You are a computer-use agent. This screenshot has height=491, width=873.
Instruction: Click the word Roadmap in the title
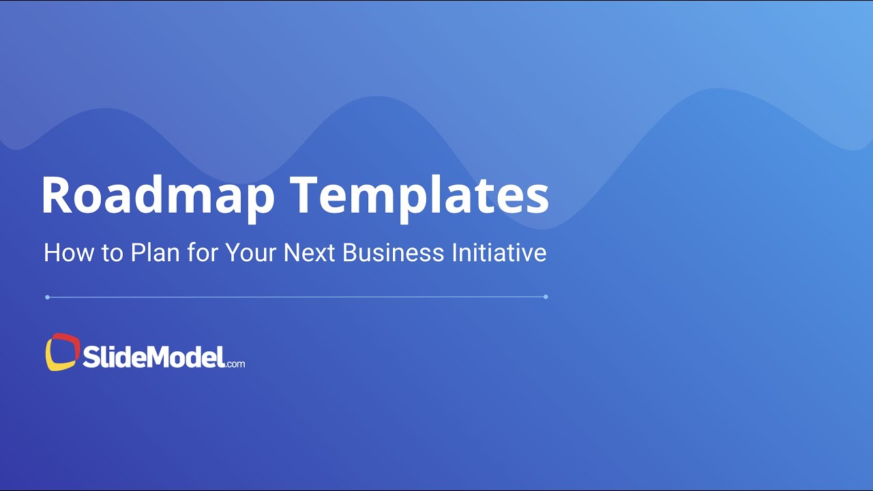pos(158,196)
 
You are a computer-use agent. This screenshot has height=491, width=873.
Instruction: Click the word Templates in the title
pos(419,196)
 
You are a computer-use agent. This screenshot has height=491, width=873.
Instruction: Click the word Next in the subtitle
pos(310,253)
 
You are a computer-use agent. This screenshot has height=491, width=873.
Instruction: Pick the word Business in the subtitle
pos(393,253)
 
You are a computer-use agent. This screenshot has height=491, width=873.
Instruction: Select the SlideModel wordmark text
pos(153,355)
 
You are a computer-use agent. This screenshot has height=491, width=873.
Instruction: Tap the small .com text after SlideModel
pos(235,363)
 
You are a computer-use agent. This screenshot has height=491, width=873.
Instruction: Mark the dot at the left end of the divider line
pos(47,297)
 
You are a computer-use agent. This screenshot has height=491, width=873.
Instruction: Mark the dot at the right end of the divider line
pos(546,297)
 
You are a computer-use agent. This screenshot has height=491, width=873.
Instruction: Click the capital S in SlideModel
pos(91,356)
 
